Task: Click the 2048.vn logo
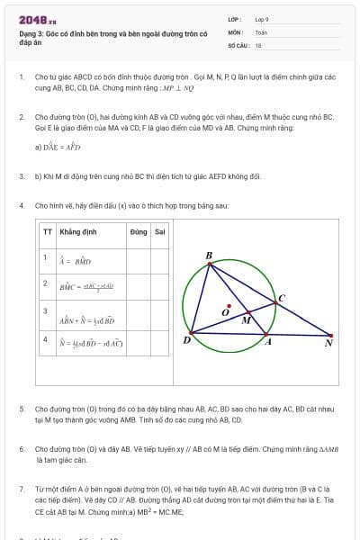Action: point(38,19)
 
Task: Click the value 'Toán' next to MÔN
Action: point(261,31)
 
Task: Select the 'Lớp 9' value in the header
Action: point(262,19)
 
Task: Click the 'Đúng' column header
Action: point(138,231)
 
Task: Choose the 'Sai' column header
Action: point(159,231)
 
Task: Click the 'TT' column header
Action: point(48,231)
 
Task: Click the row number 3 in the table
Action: point(45,310)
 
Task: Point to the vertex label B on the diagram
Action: point(209,256)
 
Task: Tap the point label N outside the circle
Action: point(328,343)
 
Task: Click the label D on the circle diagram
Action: point(186,339)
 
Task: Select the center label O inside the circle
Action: point(226,311)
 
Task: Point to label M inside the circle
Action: point(247,319)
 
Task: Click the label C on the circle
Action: point(281,298)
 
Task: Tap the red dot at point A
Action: point(265,335)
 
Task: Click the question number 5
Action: point(22,409)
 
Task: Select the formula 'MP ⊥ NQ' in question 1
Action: point(179,90)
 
